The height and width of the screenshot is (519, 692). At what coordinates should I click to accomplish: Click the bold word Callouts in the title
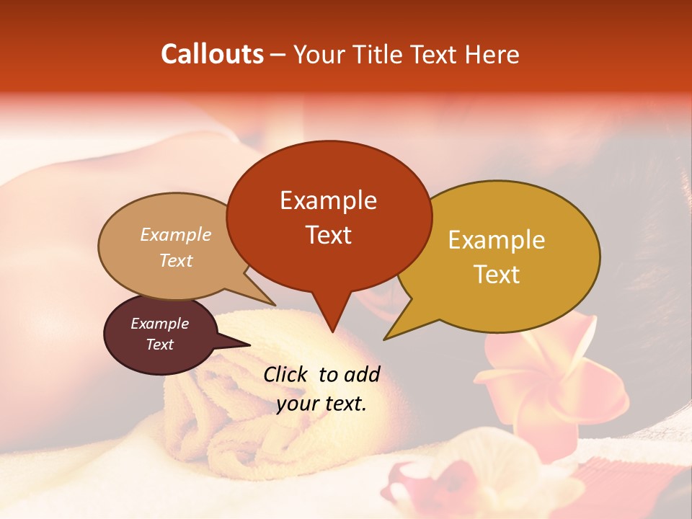click(x=212, y=54)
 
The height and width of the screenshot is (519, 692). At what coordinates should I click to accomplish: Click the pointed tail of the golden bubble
click(x=387, y=338)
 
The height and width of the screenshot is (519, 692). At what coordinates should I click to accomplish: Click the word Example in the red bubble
click(x=328, y=200)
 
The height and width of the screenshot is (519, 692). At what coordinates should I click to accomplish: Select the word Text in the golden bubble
click(x=497, y=275)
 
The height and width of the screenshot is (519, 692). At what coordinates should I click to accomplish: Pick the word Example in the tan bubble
click(x=175, y=235)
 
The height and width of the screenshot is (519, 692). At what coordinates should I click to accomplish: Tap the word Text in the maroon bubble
click(x=159, y=345)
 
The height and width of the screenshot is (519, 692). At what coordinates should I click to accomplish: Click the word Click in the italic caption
click(x=286, y=374)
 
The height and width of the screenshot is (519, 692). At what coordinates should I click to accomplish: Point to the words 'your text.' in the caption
click(x=321, y=404)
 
